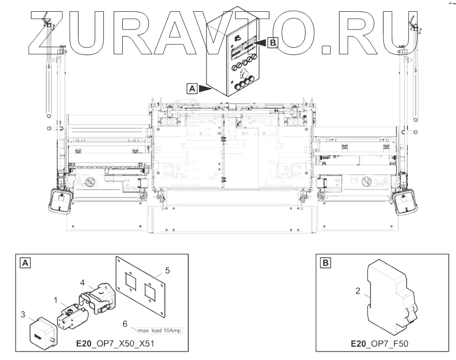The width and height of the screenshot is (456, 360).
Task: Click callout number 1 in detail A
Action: [56, 300]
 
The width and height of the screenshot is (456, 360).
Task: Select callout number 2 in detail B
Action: [358, 291]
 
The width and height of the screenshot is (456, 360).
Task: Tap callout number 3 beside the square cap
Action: [23, 314]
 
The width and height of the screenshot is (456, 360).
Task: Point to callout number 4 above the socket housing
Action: [82, 282]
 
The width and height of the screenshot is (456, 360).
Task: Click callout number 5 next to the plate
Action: [167, 270]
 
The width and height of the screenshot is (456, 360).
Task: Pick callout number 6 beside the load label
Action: [125, 324]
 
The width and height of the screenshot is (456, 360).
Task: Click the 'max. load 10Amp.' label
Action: [160, 331]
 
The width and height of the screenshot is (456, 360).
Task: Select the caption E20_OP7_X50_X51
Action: [115, 344]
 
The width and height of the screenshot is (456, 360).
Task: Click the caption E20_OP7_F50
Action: [380, 344]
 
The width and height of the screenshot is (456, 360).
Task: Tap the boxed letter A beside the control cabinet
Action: [192, 89]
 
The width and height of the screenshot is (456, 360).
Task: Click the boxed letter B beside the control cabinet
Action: [273, 43]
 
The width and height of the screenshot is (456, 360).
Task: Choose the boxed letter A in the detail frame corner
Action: [25, 263]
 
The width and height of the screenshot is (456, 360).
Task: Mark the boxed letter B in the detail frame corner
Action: [325, 263]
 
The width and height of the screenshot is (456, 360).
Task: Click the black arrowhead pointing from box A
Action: [205, 89]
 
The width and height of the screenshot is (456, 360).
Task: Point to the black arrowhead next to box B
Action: [261, 43]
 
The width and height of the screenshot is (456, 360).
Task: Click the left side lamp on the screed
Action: [60, 201]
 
